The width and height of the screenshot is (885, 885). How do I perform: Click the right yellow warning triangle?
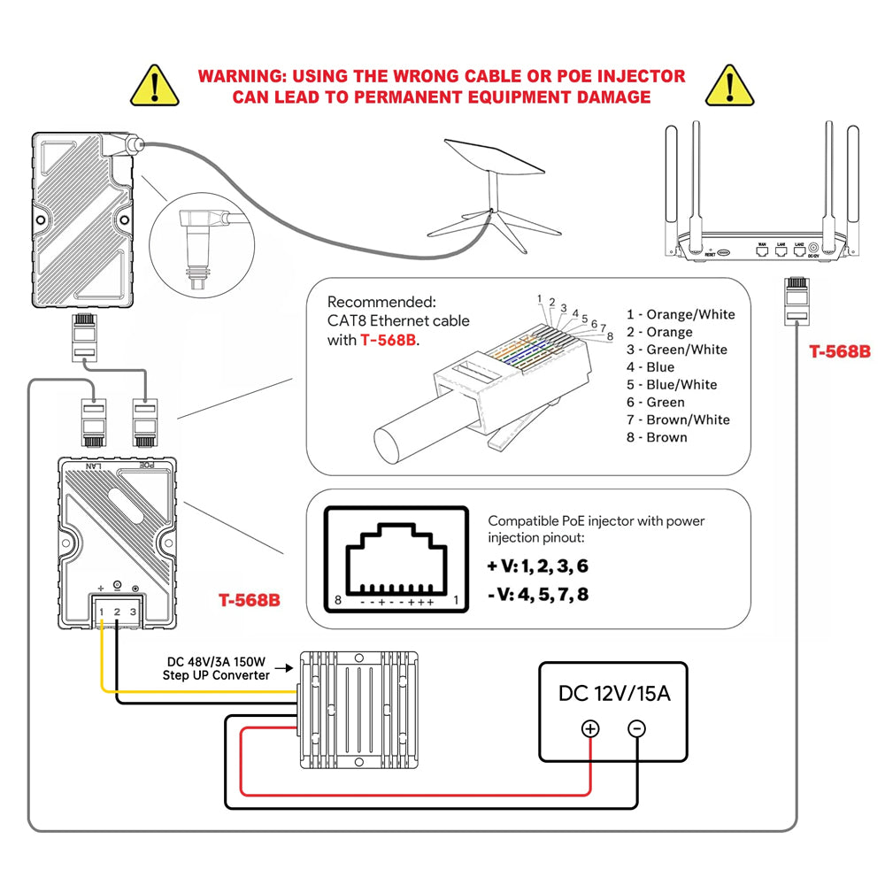(x=729, y=86)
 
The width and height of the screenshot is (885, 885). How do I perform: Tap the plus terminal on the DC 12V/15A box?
(x=590, y=728)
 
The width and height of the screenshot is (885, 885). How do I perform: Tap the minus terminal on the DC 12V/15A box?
(x=636, y=728)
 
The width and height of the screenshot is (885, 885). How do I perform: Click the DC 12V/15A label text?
(x=613, y=693)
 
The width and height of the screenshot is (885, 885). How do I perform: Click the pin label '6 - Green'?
(x=656, y=402)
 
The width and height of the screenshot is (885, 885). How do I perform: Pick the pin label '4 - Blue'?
(x=650, y=367)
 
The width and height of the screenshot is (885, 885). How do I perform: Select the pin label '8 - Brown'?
(x=657, y=437)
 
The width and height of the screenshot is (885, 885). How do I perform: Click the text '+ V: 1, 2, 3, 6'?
(x=538, y=566)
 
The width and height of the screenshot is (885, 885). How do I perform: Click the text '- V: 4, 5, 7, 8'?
(x=538, y=594)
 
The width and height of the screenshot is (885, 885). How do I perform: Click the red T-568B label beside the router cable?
(x=840, y=351)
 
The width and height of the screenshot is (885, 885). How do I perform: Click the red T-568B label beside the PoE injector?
(x=250, y=600)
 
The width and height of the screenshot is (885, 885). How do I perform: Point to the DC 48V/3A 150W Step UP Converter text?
(x=216, y=668)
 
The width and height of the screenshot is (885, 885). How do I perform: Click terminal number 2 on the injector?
(x=118, y=612)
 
